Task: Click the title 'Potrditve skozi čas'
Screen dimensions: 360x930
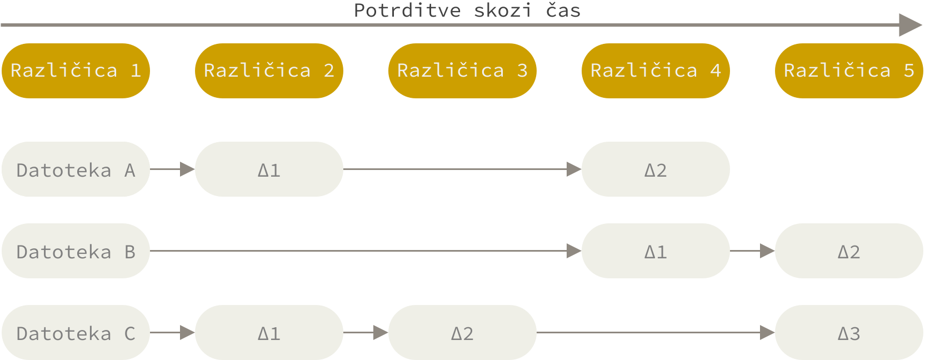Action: (x=467, y=11)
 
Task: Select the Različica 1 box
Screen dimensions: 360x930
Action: (x=76, y=71)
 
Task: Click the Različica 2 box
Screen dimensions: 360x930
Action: (x=269, y=71)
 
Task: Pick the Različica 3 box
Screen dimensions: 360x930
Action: (x=462, y=71)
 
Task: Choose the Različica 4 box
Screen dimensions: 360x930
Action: (x=656, y=71)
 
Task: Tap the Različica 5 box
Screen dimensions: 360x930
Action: (x=849, y=71)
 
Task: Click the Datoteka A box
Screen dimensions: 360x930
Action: (x=76, y=169)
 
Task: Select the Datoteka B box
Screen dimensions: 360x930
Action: (x=76, y=251)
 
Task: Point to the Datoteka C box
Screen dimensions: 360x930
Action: (x=76, y=333)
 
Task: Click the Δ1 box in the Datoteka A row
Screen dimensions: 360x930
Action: (x=269, y=169)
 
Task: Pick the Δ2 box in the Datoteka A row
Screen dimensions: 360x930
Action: (x=656, y=169)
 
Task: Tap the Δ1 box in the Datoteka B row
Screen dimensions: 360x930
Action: (x=656, y=251)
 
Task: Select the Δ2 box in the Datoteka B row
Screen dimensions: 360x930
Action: (x=849, y=251)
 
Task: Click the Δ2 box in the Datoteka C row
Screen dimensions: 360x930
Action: (x=462, y=333)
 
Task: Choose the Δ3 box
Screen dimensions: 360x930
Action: (x=849, y=333)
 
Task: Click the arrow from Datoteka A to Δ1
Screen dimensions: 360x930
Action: (x=172, y=169)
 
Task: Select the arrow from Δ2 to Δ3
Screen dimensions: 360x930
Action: (x=656, y=333)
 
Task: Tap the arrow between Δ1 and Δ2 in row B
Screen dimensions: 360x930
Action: (x=752, y=251)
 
